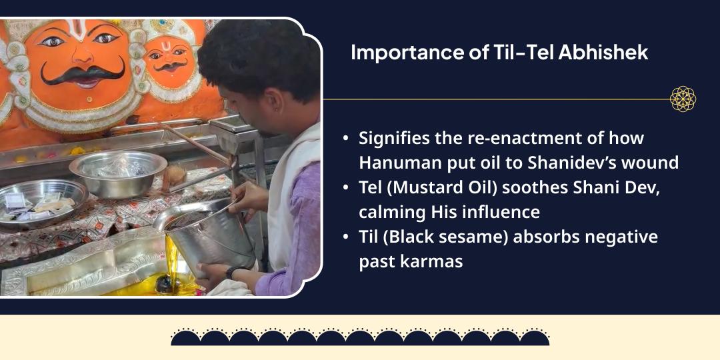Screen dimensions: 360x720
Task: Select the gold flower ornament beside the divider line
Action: tap(683, 99)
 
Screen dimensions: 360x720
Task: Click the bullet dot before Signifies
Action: tap(345, 139)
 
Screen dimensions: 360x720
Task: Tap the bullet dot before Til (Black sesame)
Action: tap(345, 238)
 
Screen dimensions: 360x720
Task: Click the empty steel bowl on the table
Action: tap(118, 173)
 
